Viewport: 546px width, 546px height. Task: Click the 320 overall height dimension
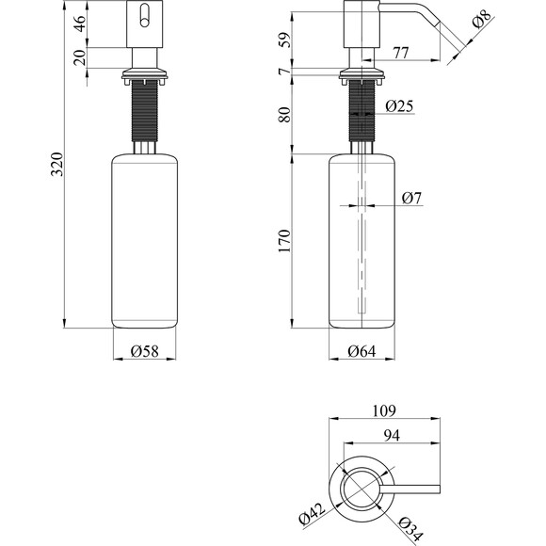[57, 164]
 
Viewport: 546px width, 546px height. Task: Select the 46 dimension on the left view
[80, 24]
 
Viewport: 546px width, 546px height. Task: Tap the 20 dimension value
[80, 57]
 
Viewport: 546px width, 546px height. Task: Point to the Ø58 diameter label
[145, 351]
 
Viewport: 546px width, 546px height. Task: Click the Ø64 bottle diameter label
[361, 351]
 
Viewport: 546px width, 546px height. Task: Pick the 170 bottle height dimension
[284, 241]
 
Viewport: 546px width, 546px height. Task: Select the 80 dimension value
[284, 115]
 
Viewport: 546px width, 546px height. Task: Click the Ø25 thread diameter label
[399, 105]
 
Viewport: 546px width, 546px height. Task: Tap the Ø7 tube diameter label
[411, 198]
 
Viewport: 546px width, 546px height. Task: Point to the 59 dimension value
[284, 40]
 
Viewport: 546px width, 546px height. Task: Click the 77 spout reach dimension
[400, 53]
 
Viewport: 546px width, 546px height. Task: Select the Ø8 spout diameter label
[482, 19]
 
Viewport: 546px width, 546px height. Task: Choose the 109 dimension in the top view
[384, 410]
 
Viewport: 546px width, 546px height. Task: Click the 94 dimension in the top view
[392, 435]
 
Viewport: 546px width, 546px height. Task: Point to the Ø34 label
[410, 529]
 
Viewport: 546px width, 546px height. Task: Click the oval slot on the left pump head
[145, 16]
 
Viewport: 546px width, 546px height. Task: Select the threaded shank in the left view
[145, 110]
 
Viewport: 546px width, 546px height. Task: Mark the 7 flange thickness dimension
[284, 72]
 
